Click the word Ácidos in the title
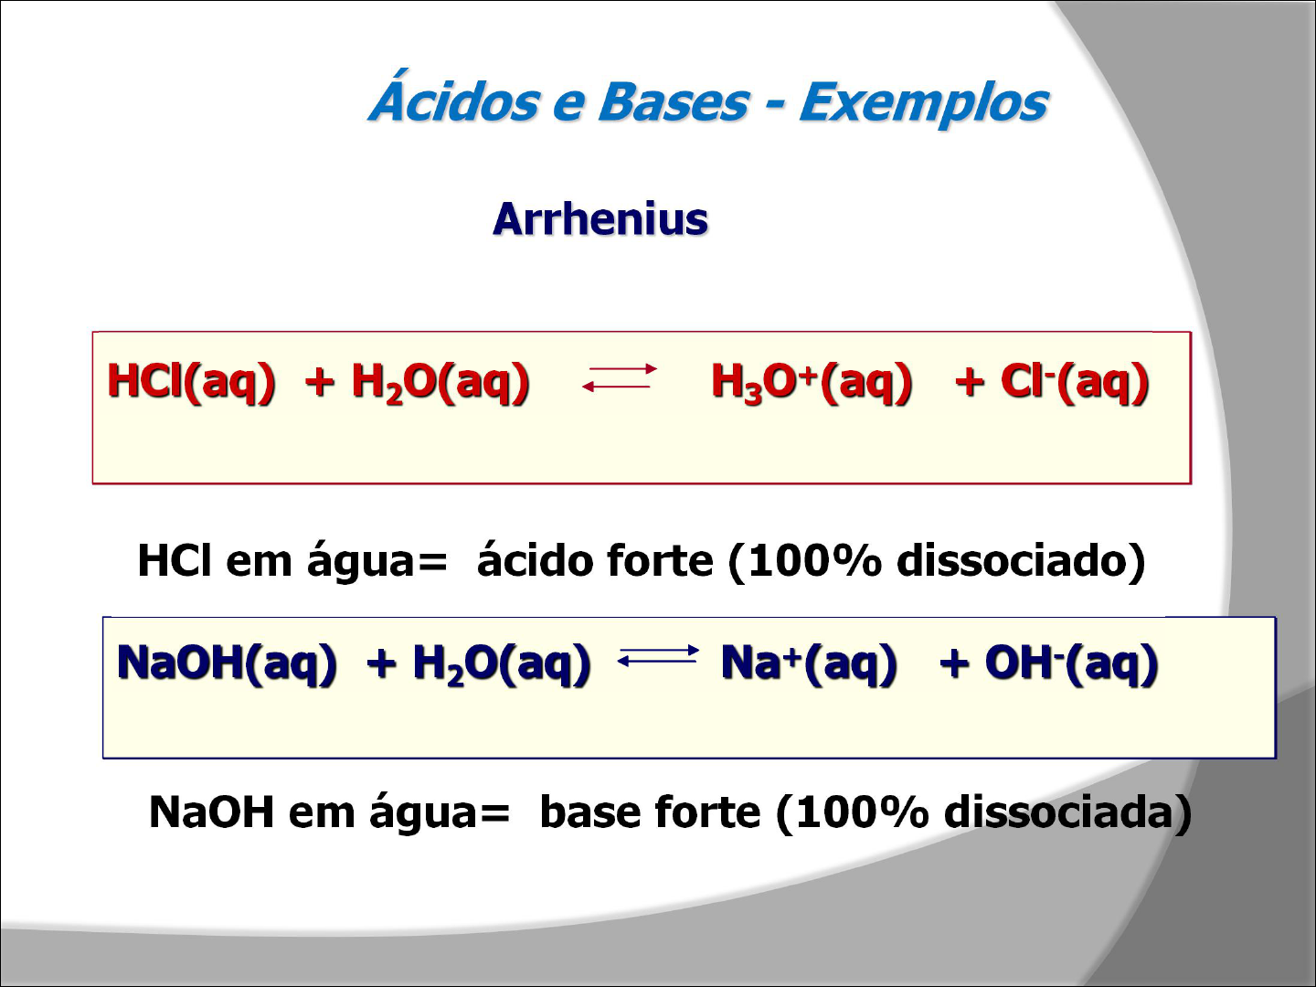453,101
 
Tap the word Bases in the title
673,101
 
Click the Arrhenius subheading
600,219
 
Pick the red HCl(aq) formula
191,381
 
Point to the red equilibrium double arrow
620,377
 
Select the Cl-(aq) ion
1075,381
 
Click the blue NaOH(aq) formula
227,663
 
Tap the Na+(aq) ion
809,663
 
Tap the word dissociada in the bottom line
1060,812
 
